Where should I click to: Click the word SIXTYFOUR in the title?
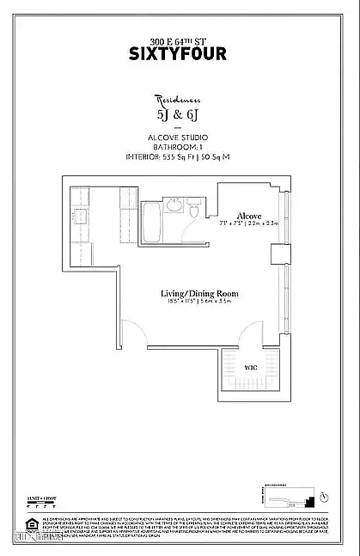point(180,53)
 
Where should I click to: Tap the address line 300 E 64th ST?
point(180,40)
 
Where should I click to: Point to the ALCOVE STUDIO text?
point(180,137)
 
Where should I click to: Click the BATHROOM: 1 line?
point(180,146)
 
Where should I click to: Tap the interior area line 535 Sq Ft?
point(180,156)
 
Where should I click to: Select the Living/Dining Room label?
point(199,294)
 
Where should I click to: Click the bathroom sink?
point(174,205)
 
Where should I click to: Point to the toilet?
point(194,211)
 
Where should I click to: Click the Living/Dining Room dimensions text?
point(199,303)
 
